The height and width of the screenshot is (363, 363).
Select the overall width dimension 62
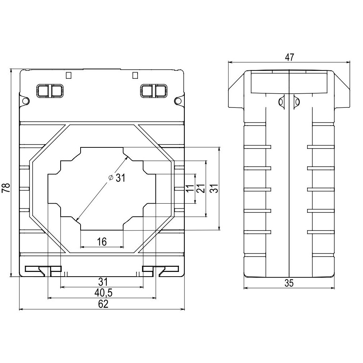click(x=103, y=305)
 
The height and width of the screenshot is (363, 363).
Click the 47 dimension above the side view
click(x=289, y=57)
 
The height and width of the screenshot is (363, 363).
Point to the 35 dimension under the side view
click(x=289, y=284)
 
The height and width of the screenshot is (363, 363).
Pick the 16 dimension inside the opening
click(x=102, y=242)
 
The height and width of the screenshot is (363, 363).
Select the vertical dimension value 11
click(x=189, y=188)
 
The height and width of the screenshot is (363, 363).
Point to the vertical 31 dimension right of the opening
click(x=214, y=188)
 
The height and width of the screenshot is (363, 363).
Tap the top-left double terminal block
click(x=50, y=91)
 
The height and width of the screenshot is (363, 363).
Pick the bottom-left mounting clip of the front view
click(x=43, y=269)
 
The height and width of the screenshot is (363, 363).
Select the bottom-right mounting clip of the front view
click(x=160, y=269)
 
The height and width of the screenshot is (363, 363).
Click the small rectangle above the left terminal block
click(x=69, y=75)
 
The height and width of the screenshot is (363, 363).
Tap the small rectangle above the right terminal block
click(x=135, y=75)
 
